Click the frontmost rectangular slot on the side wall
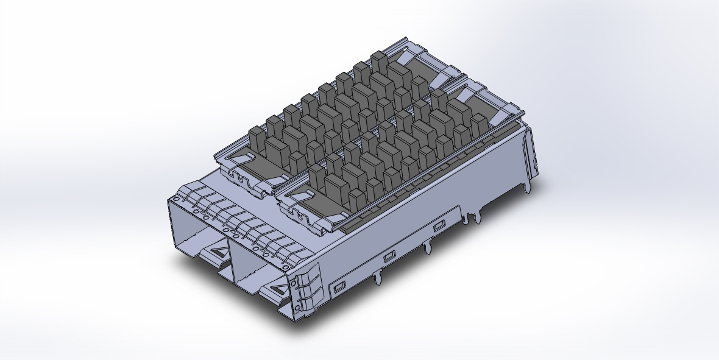(x=338, y=285)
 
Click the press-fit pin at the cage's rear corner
(x=528, y=186)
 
